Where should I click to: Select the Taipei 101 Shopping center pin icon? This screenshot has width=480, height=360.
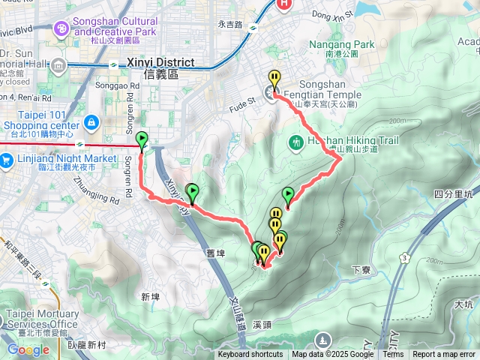(91, 121)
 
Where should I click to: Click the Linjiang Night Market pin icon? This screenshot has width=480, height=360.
(7, 159)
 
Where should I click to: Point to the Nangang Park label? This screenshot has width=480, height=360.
(341, 44)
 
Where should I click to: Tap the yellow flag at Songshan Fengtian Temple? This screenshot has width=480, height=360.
(274, 79)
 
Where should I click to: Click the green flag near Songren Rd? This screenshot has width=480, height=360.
(142, 140)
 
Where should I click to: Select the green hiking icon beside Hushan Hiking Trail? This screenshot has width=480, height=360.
(296, 142)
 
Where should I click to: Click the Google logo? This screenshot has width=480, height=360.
(28, 349)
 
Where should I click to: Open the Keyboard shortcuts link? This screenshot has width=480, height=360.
(250, 355)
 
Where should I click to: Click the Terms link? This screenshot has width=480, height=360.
(393, 355)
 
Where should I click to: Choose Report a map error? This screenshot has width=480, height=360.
(444, 355)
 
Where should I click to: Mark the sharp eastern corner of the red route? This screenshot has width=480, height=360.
(342, 158)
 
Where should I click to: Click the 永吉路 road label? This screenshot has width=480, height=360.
(231, 24)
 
